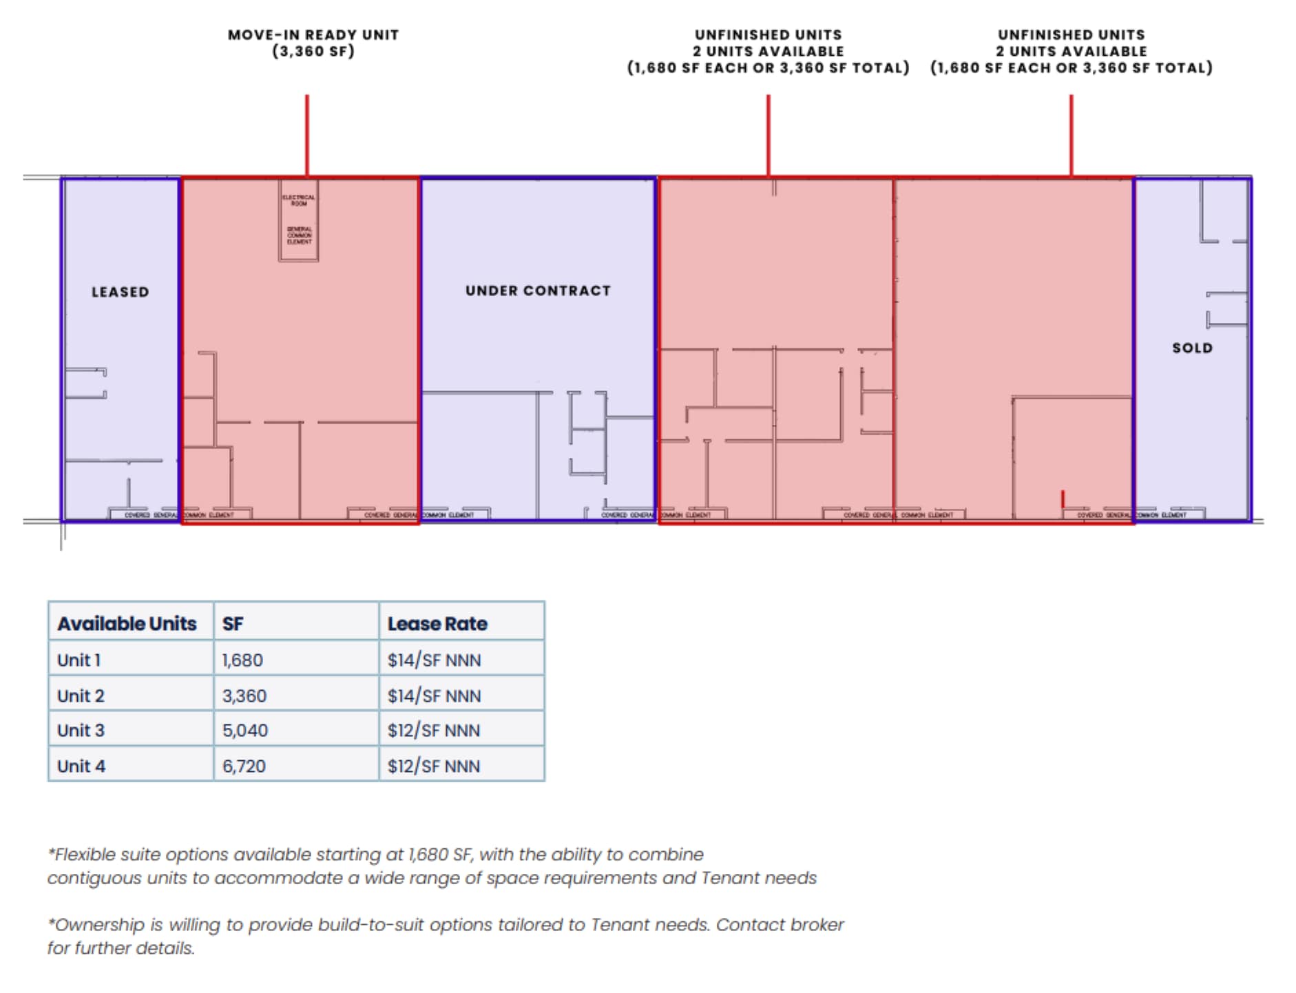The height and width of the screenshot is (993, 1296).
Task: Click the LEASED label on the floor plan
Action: point(120,292)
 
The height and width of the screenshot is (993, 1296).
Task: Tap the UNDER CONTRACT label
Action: point(538,291)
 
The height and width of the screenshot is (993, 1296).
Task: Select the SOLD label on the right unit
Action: point(1192,348)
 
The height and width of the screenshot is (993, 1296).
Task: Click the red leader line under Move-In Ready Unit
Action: point(307,135)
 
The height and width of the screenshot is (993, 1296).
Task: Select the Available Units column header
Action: point(127,623)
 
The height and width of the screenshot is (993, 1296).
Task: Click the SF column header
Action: point(233,623)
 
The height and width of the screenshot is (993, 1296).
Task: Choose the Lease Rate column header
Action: point(437,623)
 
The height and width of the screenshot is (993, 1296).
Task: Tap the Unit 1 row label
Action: point(79,660)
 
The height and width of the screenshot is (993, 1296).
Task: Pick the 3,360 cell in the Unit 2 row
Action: point(244,696)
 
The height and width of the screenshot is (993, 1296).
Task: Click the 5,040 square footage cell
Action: point(244,730)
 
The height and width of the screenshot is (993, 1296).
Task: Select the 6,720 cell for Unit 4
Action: point(244,766)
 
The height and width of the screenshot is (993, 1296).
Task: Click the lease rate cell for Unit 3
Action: point(434,730)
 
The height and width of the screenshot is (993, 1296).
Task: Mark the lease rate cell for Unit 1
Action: point(434,660)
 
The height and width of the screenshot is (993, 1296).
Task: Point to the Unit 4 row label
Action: point(81,766)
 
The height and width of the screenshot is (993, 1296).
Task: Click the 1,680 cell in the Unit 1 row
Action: point(242,660)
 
